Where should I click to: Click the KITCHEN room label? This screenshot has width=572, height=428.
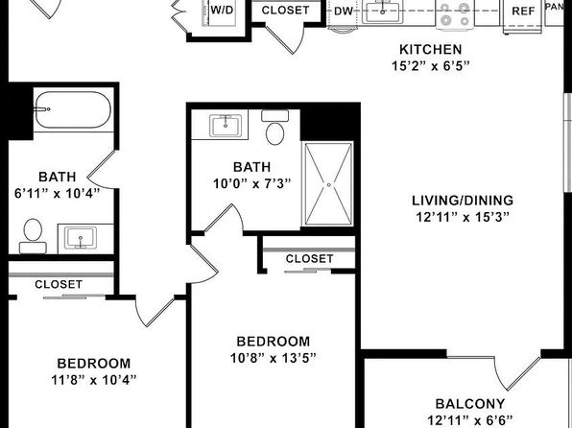pyautogui.click(x=431, y=49)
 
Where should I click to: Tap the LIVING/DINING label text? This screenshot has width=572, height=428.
pyautogui.click(x=463, y=201)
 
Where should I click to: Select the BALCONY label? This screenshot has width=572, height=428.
pyautogui.click(x=470, y=404)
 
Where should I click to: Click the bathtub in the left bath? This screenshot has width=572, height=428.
pyautogui.click(x=73, y=109)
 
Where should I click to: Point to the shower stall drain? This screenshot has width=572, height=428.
pyautogui.click(x=328, y=185)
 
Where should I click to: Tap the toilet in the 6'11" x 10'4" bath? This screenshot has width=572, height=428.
pyautogui.click(x=33, y=236)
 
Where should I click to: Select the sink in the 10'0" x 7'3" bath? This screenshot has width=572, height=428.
pyautogui.click(x=226, y=125)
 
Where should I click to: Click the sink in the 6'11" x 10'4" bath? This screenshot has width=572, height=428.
pyautogui.click(x=81, y=238)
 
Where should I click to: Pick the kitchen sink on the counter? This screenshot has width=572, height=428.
pyautogui.click(x=382, y=11)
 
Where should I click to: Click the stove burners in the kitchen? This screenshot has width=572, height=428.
pyautogui.click(x=454, y=13)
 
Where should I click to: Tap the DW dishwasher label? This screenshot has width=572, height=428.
pyautogui.click(x=344, y=12)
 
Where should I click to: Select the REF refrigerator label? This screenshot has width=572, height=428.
pyautogui.click(x=523, y=12)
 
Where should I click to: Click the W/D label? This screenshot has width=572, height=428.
pyautogui.click(x=222, y=10)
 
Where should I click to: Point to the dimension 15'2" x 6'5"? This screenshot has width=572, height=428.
pyautogui.click(x=431, y=65)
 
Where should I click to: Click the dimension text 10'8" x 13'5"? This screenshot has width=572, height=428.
pyautogui.click(x=273, y=358)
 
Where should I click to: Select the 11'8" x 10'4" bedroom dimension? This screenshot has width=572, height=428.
pyautogui.click(x=94, y=380)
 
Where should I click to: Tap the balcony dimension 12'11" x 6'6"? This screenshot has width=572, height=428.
pyautogui.click(x=470, y=420)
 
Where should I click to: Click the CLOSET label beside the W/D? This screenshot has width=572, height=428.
pyautogui.click(x=286, y=11)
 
